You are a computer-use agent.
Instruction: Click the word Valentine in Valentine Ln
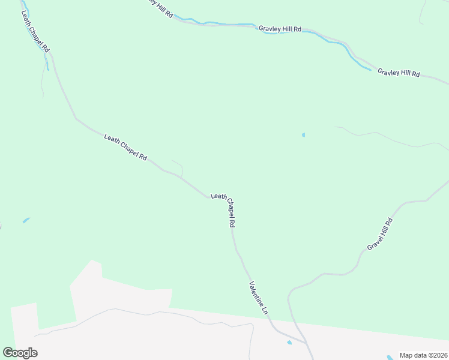(x=255, y=292)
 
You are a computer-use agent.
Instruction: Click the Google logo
(x=20, y=353)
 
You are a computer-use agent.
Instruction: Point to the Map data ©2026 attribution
(x=423, y=355)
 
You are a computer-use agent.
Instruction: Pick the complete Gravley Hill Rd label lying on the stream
(x=280, y=28)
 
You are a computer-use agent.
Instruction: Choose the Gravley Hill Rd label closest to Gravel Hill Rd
(x=399, y=73)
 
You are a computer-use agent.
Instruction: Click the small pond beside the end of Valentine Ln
(x=289, y=343)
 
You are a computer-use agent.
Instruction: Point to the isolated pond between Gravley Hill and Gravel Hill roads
(x=303, y=135)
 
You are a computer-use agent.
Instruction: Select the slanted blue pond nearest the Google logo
(x=26, y=220)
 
